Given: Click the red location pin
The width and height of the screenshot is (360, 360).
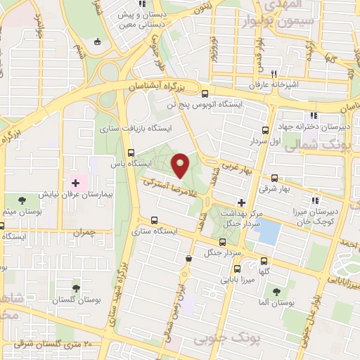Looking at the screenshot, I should point(181,165).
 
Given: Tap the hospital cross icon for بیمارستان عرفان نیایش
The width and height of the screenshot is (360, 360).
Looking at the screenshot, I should point(75,183).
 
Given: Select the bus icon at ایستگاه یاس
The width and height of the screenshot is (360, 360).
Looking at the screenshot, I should point(131,152).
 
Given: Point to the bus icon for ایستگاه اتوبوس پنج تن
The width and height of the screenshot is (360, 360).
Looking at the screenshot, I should point(205,94).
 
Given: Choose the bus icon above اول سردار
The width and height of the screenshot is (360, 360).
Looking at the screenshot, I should point(265,130).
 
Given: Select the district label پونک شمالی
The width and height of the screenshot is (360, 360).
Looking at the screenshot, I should point(330,143).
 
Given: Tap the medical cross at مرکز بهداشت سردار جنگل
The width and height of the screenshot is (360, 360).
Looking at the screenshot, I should point(241,202).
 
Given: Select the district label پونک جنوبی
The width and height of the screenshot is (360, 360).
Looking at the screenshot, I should point(219,340).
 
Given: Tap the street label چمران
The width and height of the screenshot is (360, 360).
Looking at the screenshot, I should point(83,231).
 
